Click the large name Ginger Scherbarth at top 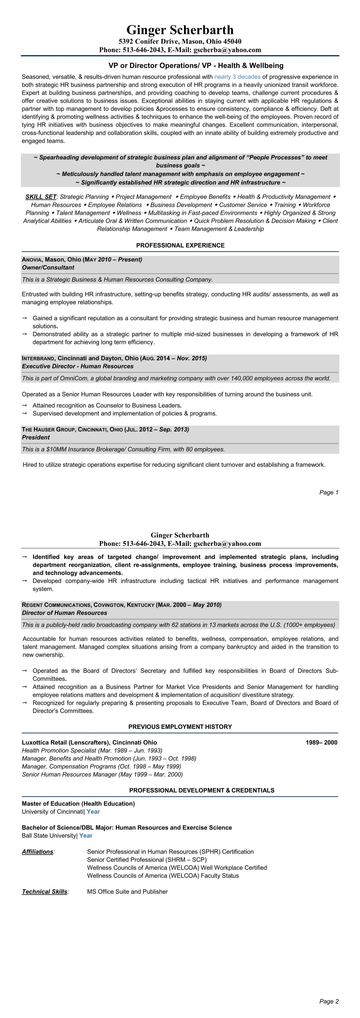click(x=180, y=30)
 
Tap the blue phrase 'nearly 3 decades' click(x=237, y=77)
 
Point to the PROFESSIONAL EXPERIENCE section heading click(x=180, y=245)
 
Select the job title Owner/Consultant click(x=48, y=267)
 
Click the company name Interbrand click(x=39, y=358)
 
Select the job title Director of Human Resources click(x=64, y=613)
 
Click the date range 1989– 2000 click(x=321, y=742)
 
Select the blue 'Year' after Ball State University click(x=86, y=835)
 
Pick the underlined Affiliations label click(x=37, y=852)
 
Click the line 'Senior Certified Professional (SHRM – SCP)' click(x=147, y=859)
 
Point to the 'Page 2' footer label click(x=329, y=1001)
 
